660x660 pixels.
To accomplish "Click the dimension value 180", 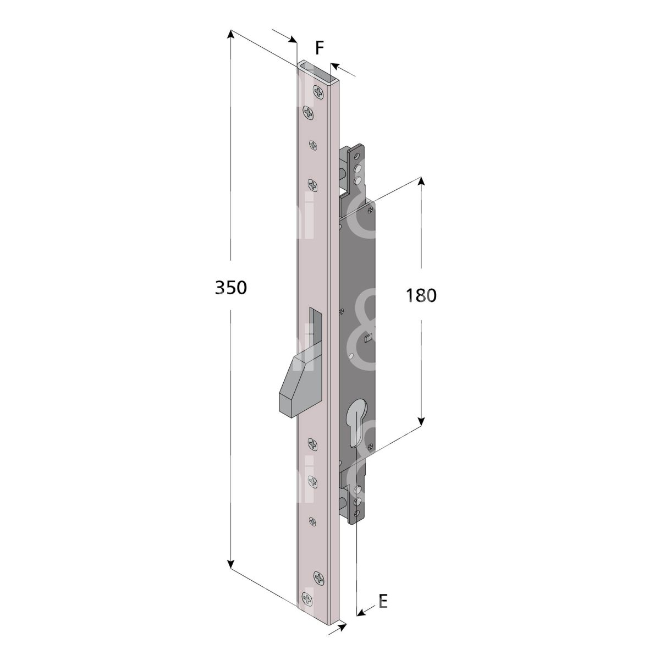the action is tap(421, 295).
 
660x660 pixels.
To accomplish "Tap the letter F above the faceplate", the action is tap(319, 48).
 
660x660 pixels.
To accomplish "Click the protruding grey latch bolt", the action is tap(301, 386).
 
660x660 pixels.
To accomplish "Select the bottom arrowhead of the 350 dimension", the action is tap(231, 562).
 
